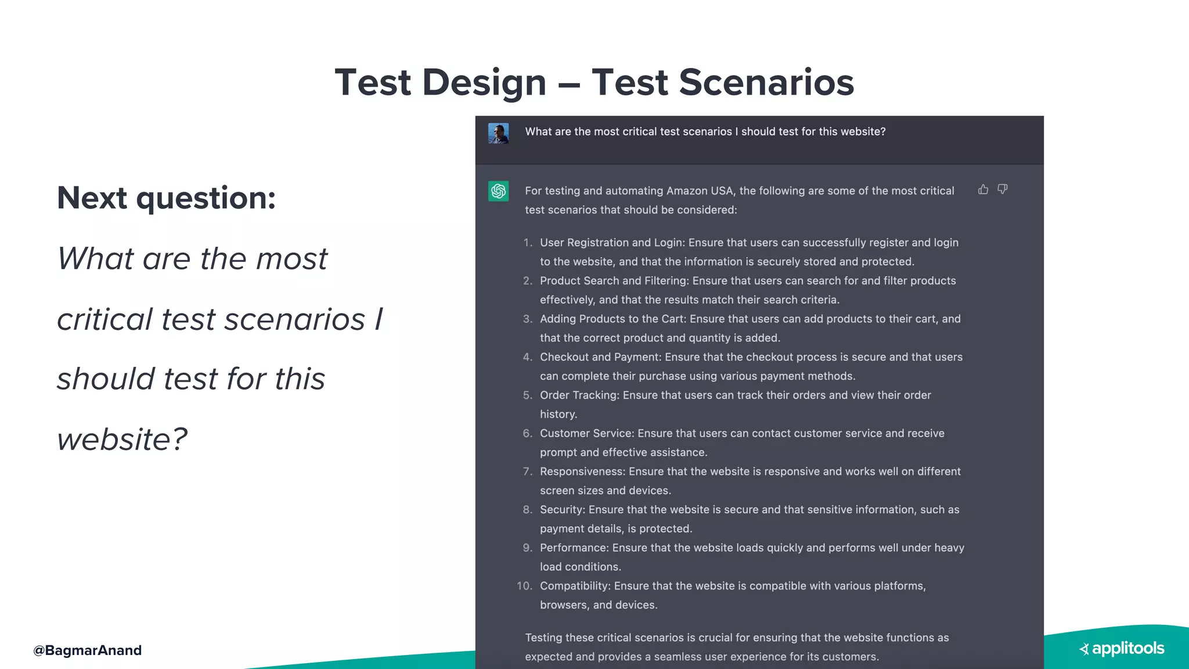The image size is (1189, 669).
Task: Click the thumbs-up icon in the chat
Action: tap(983, 189)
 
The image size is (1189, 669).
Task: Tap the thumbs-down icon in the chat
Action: tap(1003, 189)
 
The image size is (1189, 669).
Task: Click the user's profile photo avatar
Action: tap(498, 133)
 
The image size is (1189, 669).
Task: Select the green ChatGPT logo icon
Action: tap(498, 191)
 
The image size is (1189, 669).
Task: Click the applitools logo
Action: tap(1122, 649)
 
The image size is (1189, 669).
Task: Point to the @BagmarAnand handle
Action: tap(88, 650)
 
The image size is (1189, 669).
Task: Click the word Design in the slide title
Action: tap(484, 82)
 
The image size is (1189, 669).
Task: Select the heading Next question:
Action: tap(166, 198)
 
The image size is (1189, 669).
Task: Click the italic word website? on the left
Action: tap(122, 439)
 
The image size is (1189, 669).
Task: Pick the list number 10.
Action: tap(524, 586)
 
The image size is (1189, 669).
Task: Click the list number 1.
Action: tap(527, 243)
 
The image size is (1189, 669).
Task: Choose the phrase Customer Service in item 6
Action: tap(586, 433)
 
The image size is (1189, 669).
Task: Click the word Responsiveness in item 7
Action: tap(582, 472)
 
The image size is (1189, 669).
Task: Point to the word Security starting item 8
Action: tap(561, 510)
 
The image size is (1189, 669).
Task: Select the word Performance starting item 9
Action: tap(574, 548)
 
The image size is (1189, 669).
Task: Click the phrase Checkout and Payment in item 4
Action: tap(600, 357)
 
